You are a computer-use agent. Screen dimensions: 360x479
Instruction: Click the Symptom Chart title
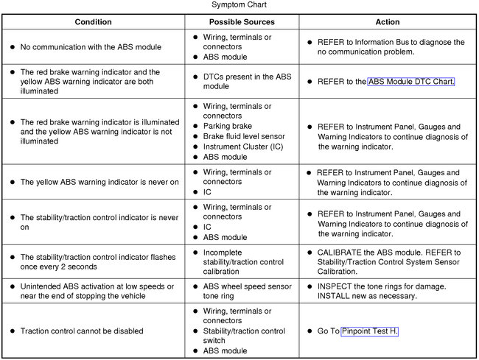coord(239,4)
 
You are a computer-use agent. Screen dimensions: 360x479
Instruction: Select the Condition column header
coord(93,22)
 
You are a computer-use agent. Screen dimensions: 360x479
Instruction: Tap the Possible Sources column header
coord(242,22)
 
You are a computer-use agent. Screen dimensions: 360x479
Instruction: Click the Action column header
coord(387,22)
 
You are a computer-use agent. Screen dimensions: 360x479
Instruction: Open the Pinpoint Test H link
coord(369,331)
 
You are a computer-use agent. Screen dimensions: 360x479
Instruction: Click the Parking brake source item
coord(227,126)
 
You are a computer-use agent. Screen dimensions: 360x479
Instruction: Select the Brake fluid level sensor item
coord(243,136)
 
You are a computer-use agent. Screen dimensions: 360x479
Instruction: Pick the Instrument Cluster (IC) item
coord(242,147)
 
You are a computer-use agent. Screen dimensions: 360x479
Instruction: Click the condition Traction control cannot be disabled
coord(81,331)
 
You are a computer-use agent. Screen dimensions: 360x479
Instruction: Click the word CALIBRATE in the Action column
coord(341,252)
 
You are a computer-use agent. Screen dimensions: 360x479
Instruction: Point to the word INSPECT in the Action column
coord(337,286)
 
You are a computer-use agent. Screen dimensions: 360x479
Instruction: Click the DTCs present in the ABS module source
coord(243,81)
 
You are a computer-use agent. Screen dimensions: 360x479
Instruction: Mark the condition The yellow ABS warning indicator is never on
coord(99,182)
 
